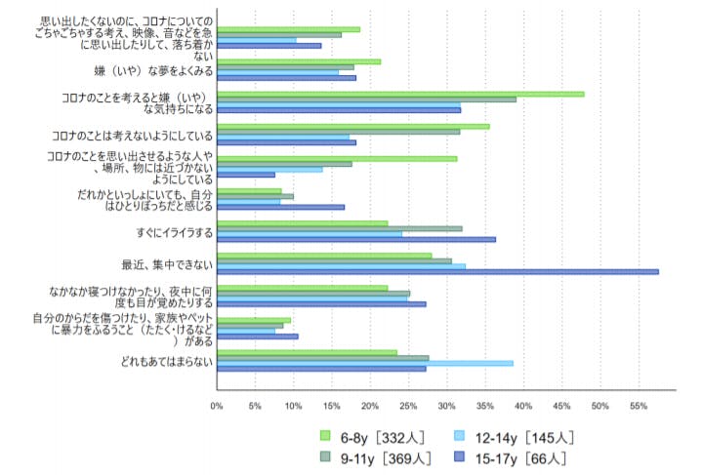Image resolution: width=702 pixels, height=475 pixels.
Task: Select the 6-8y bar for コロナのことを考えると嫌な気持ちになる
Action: coord(400,94)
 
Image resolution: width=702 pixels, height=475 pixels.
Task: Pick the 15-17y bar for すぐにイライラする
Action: coord(356,239)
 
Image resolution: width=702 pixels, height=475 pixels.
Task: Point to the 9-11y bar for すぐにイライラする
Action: coord(340,228)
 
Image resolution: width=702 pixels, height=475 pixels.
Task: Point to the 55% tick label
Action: coord(638,406)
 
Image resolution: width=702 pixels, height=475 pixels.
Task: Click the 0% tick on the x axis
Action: coord(217,406)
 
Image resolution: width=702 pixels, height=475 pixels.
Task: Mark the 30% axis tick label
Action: coord(446,406)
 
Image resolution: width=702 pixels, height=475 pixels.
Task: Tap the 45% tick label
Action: coord(561,406)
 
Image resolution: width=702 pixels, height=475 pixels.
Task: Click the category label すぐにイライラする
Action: coord(174,233)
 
